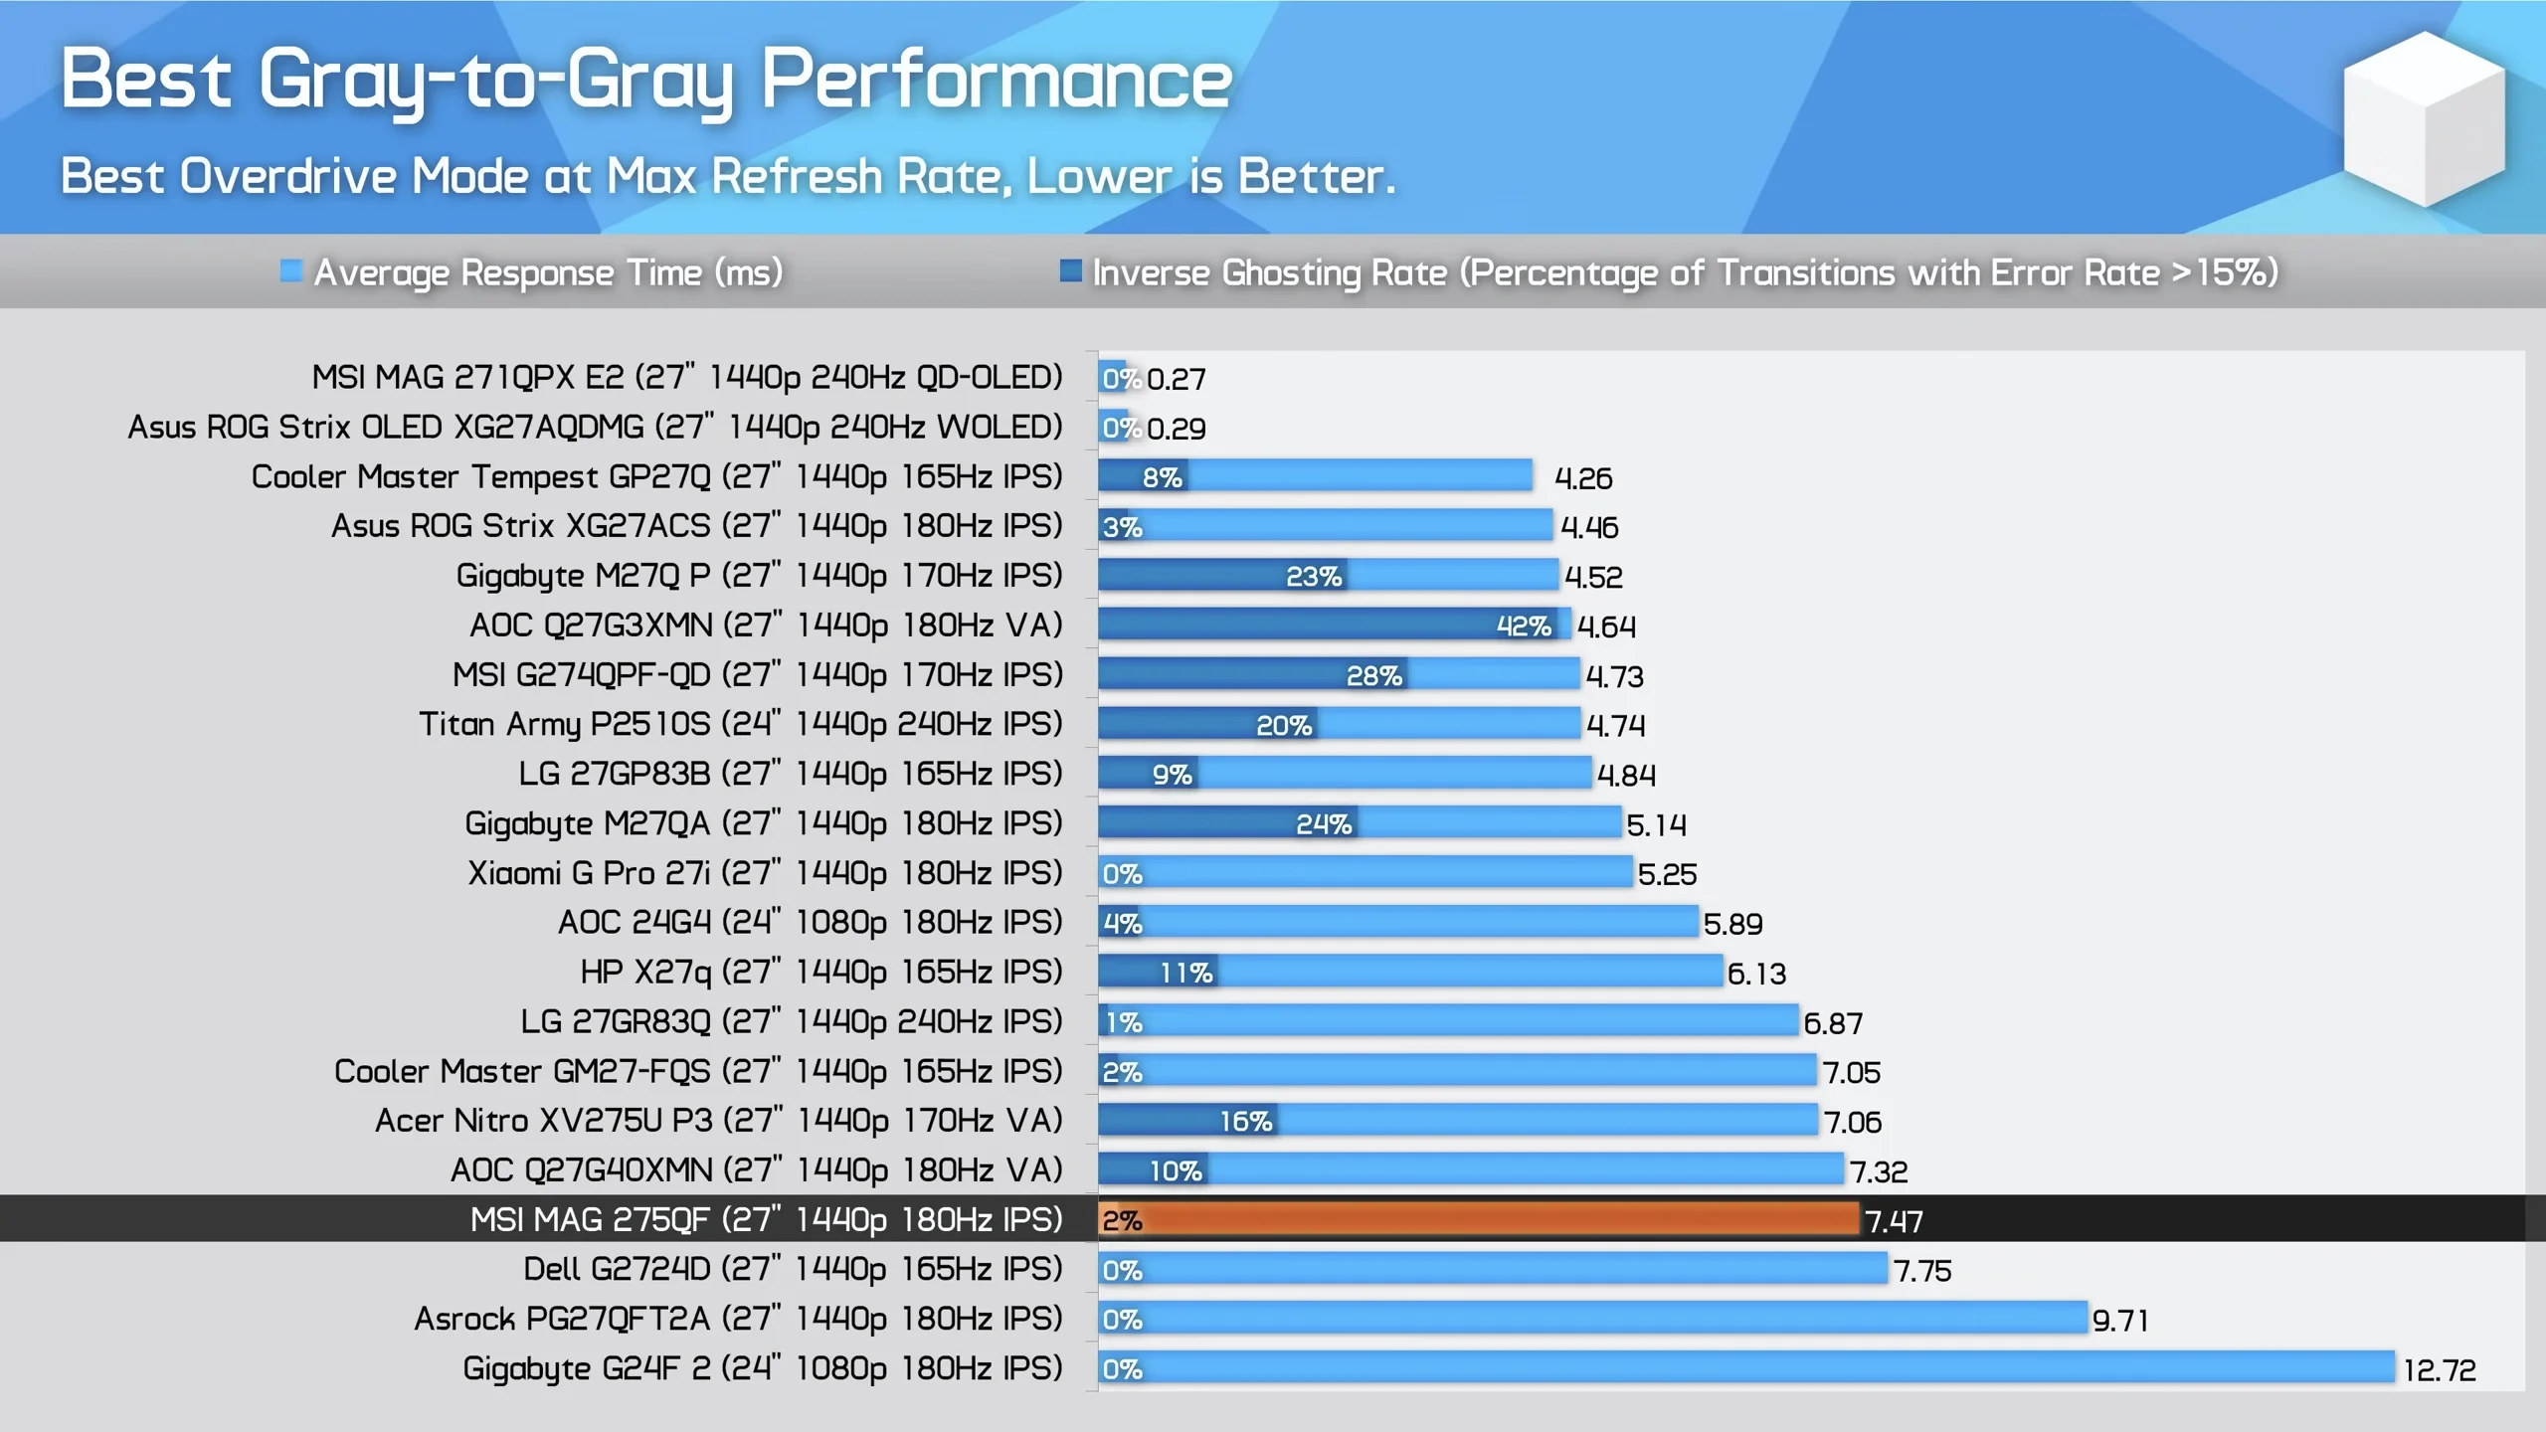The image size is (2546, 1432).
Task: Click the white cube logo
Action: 2424,119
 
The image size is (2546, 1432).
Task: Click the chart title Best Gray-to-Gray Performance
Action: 646,80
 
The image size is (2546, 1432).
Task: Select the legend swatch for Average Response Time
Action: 290,270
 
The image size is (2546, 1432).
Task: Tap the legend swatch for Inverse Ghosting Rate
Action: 1070,270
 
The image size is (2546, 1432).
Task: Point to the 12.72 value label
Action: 2439,1369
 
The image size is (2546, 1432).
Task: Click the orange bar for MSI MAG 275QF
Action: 1492,1219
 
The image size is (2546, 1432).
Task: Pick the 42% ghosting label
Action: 1523,626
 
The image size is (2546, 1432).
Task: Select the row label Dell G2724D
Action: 793,1269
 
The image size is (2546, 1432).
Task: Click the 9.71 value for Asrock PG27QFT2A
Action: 2119,1320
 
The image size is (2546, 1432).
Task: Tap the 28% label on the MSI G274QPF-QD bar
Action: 1373,675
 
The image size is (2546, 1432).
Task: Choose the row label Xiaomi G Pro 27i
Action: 765,872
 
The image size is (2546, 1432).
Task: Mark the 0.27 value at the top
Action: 1176,379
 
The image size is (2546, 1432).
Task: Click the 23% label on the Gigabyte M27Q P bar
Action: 1313,576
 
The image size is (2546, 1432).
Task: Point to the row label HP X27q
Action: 821,972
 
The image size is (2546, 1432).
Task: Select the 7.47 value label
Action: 1894,1221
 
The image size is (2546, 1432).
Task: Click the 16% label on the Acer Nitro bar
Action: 1245,1121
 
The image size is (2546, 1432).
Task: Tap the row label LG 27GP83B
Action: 790,774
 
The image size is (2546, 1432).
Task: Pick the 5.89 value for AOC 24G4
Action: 1732,924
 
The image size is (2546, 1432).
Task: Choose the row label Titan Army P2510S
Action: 740,724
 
